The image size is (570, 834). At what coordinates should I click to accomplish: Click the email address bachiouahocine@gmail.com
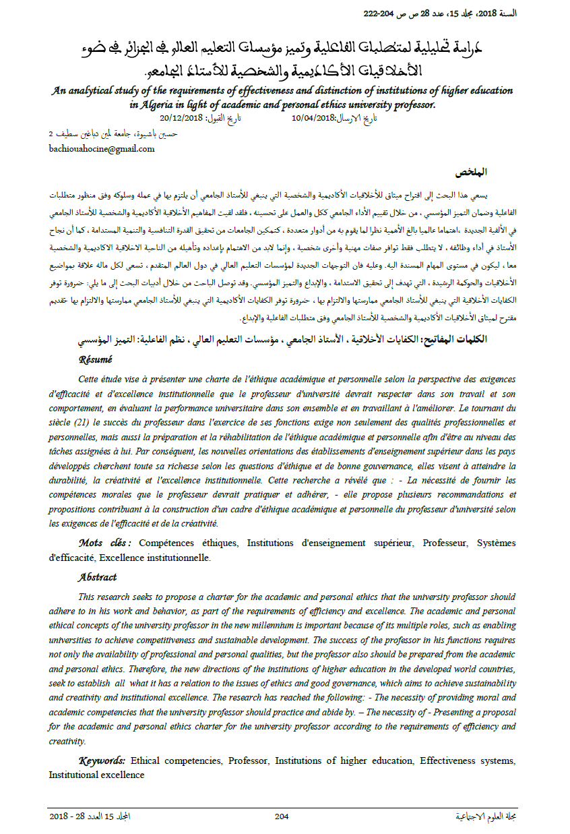tap(101, 148)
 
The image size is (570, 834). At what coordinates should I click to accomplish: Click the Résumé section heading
tap(95, 359)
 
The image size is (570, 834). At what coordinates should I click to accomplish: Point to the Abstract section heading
tap(97, 577)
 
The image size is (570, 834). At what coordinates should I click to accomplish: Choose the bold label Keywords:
tap(102, 761)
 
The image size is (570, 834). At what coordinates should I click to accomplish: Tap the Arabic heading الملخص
tap(500, 173)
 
